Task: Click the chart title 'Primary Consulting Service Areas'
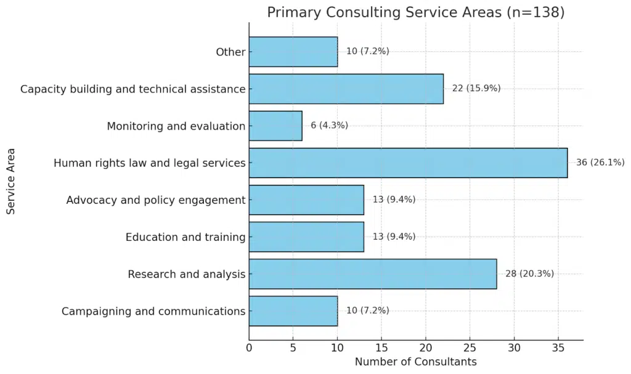(x=415, y=12)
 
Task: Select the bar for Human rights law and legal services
(x=408, y=163)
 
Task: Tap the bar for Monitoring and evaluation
(x=275, y=126)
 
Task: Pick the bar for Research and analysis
(x=373, y=274)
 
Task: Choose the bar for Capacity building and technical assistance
(x=346, y=89)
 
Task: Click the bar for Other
(x=293, y=52)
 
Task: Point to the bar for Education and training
(x=306, y=237)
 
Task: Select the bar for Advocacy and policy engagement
(x=306, y=200)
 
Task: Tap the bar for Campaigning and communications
(x=293, y=311)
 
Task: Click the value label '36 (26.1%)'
(x=600, y=163)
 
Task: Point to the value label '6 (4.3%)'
(x=329, y=126)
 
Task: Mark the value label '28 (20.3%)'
(x=529, y=274)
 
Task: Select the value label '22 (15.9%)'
(x=476, y=89)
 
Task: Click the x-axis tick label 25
(x=470, y=348)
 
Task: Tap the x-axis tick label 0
(x=249, y=348)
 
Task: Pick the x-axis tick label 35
(x=558, y=348)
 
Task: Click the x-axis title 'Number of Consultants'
(x=415, y=362)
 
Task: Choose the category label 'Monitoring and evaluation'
(x=176, y=126)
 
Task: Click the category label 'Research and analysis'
(x=187, y=274)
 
